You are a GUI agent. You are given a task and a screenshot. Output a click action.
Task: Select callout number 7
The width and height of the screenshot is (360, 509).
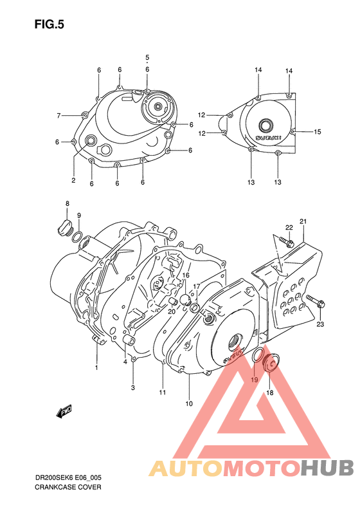(x=59, y=116)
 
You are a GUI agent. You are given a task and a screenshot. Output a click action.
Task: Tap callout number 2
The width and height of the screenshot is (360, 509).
(x=73, y=180)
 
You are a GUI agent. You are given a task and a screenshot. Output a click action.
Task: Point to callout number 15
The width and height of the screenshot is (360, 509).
(x=317, y=132)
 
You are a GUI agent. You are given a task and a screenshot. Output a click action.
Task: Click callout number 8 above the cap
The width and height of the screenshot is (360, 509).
(x=67, y=204)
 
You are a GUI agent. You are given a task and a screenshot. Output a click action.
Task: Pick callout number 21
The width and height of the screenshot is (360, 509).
(x=303, y=222)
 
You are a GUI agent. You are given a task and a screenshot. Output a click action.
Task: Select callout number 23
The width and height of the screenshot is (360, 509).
(x=319, y=324)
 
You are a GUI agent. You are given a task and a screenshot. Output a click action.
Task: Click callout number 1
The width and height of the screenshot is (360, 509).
(x=97, y=367)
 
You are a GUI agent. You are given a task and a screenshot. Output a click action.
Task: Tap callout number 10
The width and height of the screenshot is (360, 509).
(x=189, y=403)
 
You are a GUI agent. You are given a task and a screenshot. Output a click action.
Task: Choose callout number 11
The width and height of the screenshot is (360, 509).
(x=163, y=392)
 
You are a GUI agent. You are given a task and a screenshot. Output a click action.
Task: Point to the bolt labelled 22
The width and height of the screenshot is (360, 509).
(x=286, y=243)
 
